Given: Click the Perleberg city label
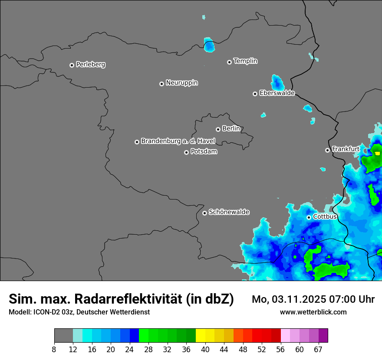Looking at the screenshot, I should click(x=90, y=65).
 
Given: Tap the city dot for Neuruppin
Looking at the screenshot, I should click(x=161, y=84).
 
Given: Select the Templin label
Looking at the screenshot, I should click(x=245, y=61).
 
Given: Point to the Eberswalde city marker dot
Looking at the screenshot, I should click(x=255, y=94).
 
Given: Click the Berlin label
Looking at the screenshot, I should click(x=231, y=128).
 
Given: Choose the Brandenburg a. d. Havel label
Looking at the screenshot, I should click(x=178, y=141).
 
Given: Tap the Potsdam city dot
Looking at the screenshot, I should click(x=186, y=152).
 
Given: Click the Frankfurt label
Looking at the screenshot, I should click(x=346, y=149).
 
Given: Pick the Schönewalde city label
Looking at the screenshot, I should click(x=229, y=212).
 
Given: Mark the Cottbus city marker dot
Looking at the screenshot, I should click(x=309, y=217).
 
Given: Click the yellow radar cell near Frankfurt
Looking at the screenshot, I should click(x=377, y=153).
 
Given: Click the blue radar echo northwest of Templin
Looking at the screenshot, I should click(x=209, y=45).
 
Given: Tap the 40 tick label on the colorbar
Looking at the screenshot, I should click(x=205, y=349).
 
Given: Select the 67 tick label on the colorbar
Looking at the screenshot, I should click(x=318, y=349).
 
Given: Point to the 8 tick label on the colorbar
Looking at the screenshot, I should click(x=54, y=349).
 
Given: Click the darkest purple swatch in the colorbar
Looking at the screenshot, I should click(x=323, y=336).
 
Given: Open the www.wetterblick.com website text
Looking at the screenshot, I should click(x=313, y=312).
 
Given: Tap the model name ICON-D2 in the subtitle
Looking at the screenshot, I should click(x=46, y=312).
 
